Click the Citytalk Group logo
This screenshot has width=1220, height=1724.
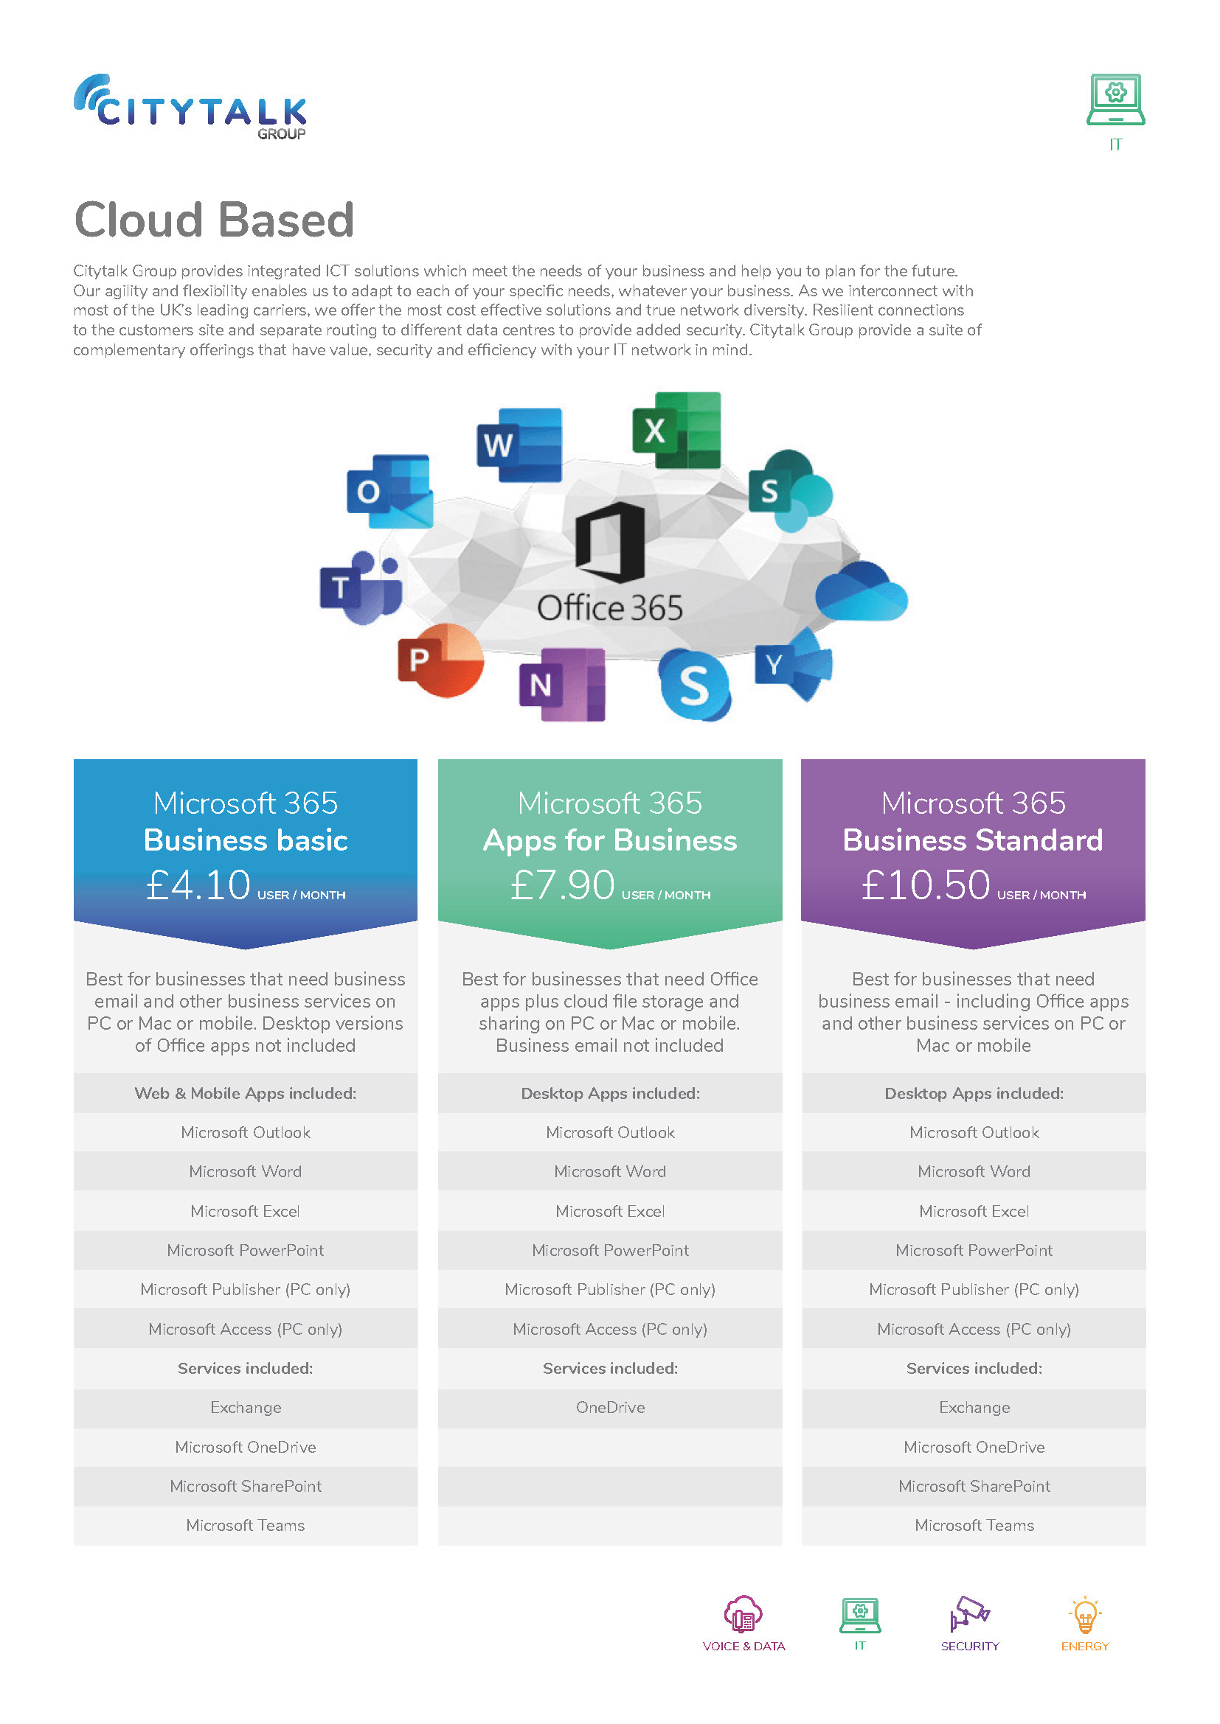click(x=190, y=108)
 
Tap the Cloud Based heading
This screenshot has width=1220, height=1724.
click(x=214, y=220)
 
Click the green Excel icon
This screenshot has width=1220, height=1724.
click(x=676, y=430)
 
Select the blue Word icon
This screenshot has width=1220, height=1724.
click(x=519, y=444)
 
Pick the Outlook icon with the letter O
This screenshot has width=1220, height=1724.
click(x=389, y=491)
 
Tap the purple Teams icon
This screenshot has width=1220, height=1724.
click(x=361, y=587)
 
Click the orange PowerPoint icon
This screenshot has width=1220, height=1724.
click(x=440, y=660)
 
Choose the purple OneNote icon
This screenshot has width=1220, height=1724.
click(x=562, y=684)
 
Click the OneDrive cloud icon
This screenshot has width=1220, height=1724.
click(x=862, y=593)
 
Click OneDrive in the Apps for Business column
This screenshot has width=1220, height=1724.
click(x=610, y=1408)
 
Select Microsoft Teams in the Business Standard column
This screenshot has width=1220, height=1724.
click(x=974, y=1525)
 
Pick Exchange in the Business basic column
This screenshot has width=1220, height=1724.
click(x=246, y=1408)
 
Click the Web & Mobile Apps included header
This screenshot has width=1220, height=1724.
click(x=246, y=1093)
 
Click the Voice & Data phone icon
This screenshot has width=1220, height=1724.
click(x=743, y=1614)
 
